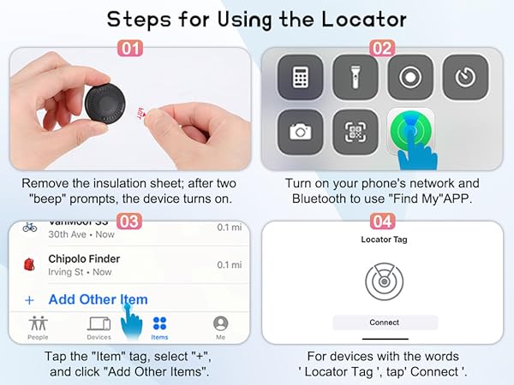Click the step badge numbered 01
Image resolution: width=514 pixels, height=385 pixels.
(129, 49)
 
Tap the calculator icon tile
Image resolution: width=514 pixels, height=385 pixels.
(300, 79)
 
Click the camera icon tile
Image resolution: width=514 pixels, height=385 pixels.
(300, 132)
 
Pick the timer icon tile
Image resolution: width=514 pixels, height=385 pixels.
(464, 79)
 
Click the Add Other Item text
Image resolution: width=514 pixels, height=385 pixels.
(98, 299)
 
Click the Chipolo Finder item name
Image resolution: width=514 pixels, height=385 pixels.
(83, 258)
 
